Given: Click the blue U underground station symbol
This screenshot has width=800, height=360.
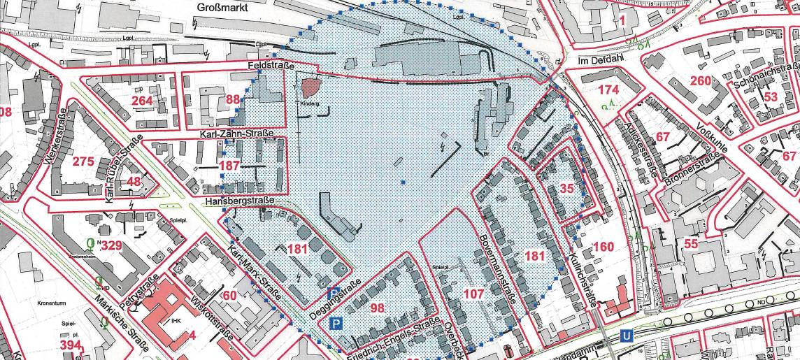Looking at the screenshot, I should coord(627,336).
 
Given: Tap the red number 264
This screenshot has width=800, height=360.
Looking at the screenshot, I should coord(142,102).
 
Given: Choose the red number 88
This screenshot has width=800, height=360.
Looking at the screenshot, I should coord(233,99).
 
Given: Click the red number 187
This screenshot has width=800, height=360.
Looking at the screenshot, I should coord(229,166).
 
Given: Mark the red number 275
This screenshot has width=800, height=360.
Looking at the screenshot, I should coord(83,161).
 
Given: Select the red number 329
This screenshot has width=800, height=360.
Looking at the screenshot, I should coord(112,245).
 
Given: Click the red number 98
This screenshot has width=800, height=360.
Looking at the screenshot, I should coord(378,308).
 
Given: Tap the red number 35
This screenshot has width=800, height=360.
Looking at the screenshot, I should coord(567,188).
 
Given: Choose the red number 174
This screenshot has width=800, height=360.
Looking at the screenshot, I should coord(609,89).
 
